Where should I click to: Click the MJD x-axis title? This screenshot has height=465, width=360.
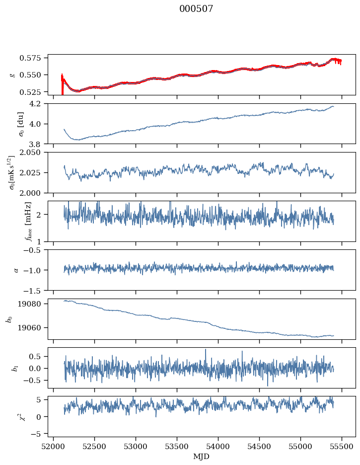(202, 457)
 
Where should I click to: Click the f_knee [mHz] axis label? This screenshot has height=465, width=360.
(14, 221)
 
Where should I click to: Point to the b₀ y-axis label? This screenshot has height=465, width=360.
(9, 319)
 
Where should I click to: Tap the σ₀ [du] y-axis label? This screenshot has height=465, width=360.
(14, 124)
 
